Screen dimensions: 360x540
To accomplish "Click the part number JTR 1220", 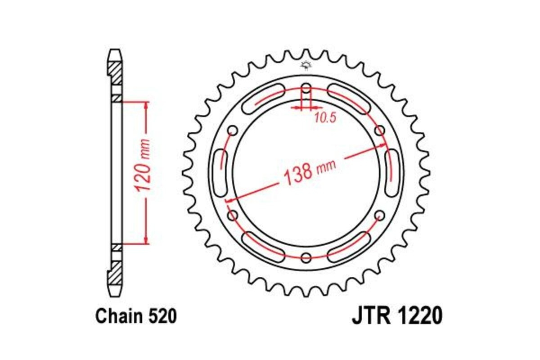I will pos(397,316).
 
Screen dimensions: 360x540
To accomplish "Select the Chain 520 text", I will pos(136,316).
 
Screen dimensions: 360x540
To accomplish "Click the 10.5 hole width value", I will pos(325,118).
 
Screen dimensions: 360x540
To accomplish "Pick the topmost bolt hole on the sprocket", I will pos(306,88).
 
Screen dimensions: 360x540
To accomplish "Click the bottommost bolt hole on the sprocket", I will pos(306,258).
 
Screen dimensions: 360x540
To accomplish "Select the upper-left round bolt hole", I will pos(233,130).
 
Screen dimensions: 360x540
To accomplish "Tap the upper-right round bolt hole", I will pos(380,130).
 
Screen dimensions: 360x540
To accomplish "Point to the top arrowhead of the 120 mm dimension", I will pos(145,105).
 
